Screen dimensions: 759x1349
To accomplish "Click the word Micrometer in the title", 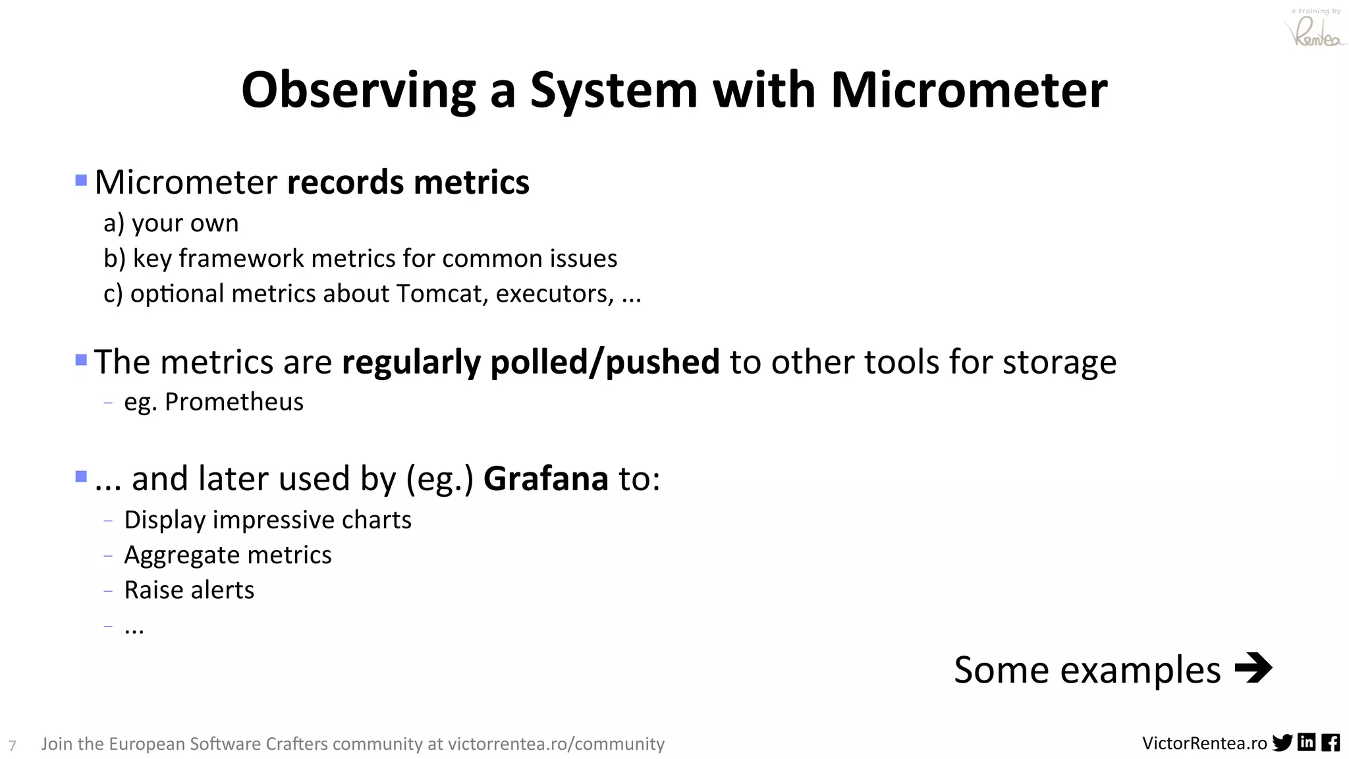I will pos(968,90).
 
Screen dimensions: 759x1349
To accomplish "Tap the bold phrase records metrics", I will pos(408,183).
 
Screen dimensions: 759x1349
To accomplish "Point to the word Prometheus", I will pos(234,402).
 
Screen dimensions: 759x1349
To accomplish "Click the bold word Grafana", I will pos(545,479).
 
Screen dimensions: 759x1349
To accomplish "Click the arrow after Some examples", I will pos(1253,668).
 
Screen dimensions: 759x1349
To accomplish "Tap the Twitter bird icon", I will pos(1282,743).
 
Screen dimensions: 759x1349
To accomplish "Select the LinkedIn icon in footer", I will pos(1306,743).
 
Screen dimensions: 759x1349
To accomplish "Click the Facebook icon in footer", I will pos(1330,743).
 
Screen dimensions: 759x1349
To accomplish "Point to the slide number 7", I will pos(12,746).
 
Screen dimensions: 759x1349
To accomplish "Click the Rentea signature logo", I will pos(1315,32).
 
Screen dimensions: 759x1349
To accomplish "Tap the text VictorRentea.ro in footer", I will pos(1204,744).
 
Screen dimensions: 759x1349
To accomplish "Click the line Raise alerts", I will pos(189,590).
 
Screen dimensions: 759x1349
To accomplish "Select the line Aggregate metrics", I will pos(227,555).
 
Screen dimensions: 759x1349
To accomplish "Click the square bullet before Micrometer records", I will pos(81,180).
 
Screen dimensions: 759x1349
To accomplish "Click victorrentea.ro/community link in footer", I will pos(556,744).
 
